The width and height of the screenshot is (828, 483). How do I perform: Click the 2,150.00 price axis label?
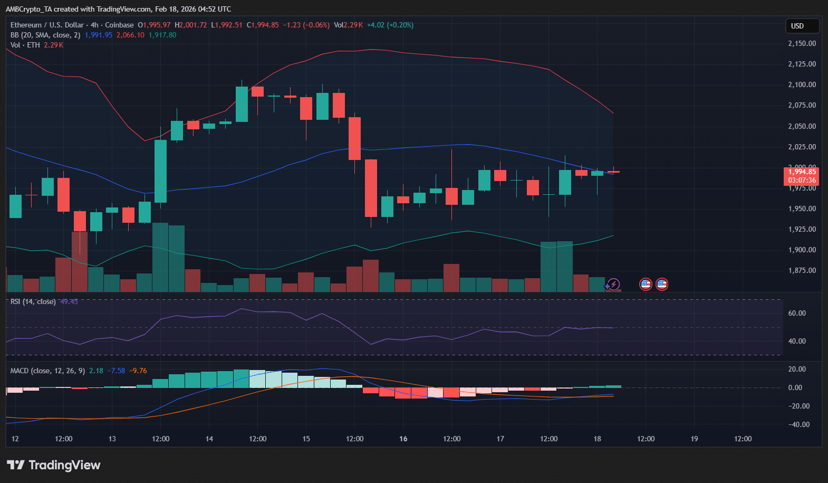pos(802,43)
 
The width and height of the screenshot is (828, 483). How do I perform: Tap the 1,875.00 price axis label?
pos(802,270)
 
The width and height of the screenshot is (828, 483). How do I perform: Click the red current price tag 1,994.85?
pos(802,172)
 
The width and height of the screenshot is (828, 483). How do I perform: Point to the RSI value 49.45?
pos(69,301)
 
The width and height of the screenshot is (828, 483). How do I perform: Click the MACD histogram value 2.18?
pos(96,371)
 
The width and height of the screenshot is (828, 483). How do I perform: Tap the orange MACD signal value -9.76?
pos(138,371)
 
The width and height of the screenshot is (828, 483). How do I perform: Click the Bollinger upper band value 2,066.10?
pos(130,35)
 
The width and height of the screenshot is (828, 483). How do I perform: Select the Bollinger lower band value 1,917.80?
pos(162,35)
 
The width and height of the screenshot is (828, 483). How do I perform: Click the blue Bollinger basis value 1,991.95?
pos(98,35)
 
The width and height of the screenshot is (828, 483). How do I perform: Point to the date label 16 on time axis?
pos(403,439)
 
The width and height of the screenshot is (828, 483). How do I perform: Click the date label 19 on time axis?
pos(694,439)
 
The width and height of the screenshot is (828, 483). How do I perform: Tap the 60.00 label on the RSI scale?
pos(797,313)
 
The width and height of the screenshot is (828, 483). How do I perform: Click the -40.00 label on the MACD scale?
pos(798,424)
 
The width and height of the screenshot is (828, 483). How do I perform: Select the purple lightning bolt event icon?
pos(613,284)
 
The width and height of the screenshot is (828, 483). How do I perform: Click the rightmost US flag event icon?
pos(662,284)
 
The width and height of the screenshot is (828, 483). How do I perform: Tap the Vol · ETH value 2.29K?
pos(54,45)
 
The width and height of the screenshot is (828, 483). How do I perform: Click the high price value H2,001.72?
pos(190,25)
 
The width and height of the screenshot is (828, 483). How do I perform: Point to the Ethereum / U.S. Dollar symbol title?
pos(47,25)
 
